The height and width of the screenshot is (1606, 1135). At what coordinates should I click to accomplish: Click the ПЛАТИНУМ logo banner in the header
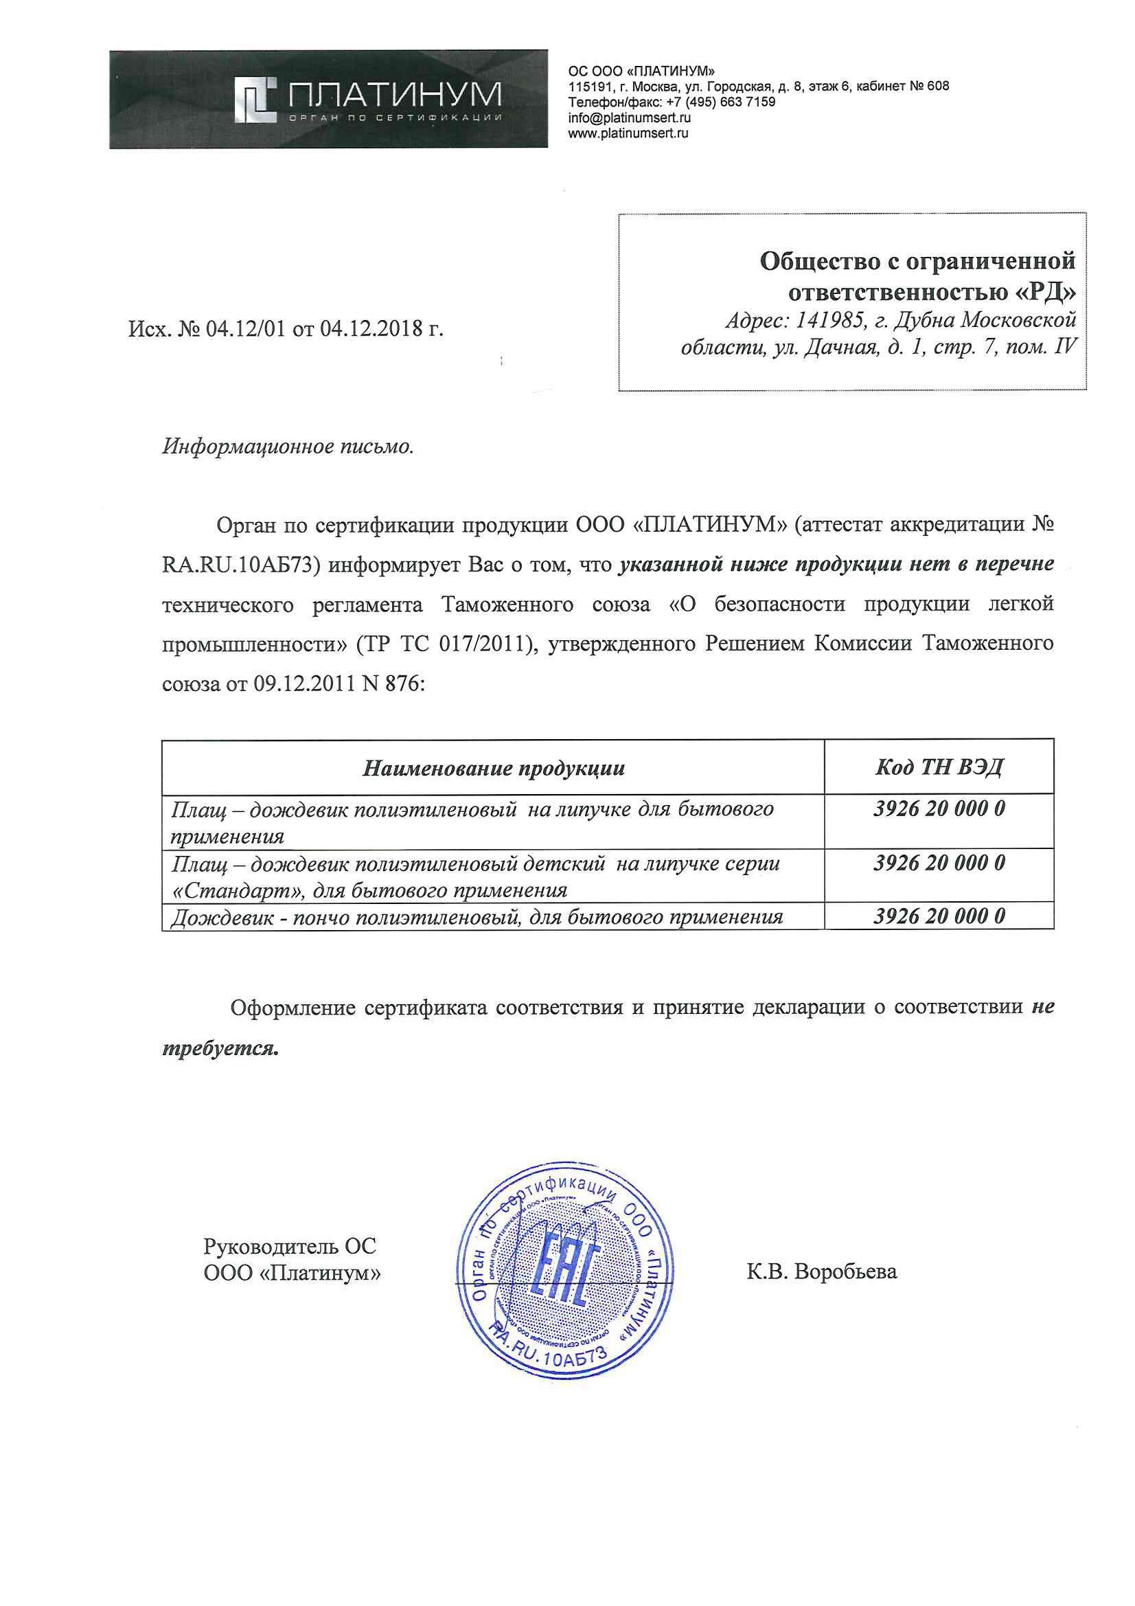click(328, 100)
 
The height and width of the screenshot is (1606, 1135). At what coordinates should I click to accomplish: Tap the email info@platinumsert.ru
click(629, 117)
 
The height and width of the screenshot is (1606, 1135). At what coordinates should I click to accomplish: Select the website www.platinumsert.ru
click(628, 133)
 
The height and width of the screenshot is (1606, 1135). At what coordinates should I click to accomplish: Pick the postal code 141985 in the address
click(829, 320)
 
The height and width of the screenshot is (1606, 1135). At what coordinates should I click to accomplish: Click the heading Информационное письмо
click(288, 446)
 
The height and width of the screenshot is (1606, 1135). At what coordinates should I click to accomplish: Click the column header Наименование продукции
click(493, 768)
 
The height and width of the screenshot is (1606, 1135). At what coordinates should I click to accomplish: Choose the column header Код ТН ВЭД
click(939, 767)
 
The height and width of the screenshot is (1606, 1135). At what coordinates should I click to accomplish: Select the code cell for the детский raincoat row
click(939, 863)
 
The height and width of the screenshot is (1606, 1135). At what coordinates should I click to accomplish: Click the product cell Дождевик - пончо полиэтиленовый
click(477, 917)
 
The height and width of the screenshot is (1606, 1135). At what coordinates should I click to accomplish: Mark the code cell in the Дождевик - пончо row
click(939, 916)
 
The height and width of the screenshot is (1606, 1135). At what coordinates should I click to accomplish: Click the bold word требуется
click(220, 1048)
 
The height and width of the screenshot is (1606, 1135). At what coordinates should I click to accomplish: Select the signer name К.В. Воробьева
click(821, 1271)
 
